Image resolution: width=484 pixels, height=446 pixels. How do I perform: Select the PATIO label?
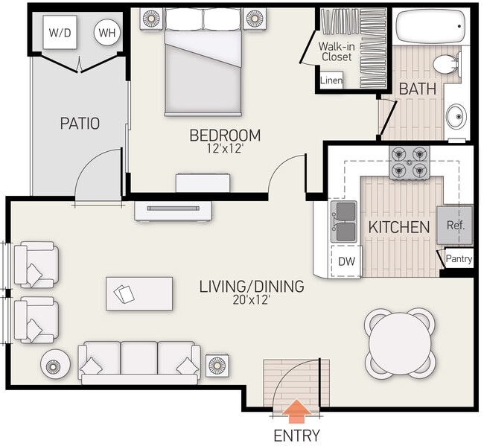80,124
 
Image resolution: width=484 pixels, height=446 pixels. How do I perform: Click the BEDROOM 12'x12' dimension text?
225,150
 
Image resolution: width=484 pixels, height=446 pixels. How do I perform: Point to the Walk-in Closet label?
336,51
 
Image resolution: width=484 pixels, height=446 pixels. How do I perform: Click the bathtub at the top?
427,28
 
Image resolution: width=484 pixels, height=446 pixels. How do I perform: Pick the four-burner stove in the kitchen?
410,163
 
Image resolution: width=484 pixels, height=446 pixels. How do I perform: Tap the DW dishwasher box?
346,261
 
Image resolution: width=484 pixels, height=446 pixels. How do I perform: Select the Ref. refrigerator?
454,225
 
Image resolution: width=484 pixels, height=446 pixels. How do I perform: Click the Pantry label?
458,259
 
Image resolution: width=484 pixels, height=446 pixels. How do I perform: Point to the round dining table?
400,343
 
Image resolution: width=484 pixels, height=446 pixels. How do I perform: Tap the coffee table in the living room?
139,293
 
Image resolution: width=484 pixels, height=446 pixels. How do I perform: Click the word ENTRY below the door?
296,436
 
